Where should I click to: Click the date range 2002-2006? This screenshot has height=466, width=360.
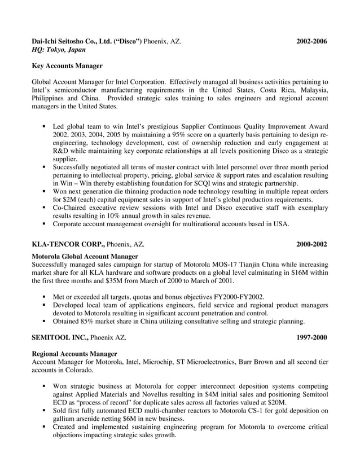click(312, 42)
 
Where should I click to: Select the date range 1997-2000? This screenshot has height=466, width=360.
click(312, 337)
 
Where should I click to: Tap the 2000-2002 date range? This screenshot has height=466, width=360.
click(312, 244)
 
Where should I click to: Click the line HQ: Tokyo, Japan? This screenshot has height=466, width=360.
click(59, 50)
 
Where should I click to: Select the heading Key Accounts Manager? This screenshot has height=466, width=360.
click(67, 66)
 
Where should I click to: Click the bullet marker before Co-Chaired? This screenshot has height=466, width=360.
click(44, 208)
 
